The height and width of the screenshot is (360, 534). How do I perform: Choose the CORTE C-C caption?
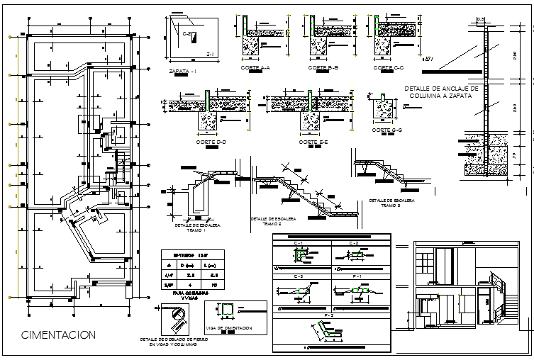[x=388, y=68]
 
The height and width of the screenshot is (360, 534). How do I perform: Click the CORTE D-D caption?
[x=211, y=142]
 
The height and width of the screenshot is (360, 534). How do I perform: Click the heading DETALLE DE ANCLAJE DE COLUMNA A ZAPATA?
[x=441, y=91]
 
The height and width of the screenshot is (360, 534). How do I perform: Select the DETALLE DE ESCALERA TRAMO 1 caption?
[x=198, y=227]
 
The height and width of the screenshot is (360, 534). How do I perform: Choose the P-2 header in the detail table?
[x=328, y=314]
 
